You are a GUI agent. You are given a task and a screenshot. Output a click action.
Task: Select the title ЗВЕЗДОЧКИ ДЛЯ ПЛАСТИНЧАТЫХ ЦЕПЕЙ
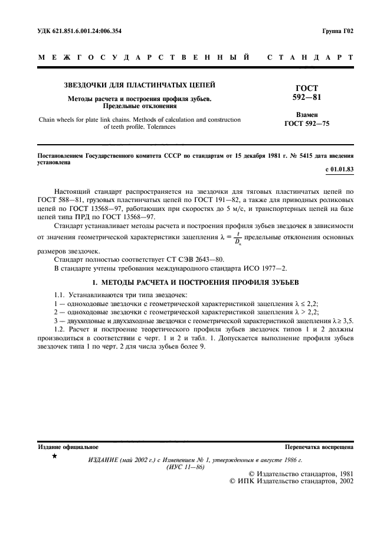tap(139, 85)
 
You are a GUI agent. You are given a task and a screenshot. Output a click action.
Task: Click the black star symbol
tap(54, 456)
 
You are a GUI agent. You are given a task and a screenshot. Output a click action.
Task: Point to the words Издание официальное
tap(68, 447)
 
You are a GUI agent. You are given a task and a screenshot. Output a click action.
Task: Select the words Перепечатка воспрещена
tap(319, 447)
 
